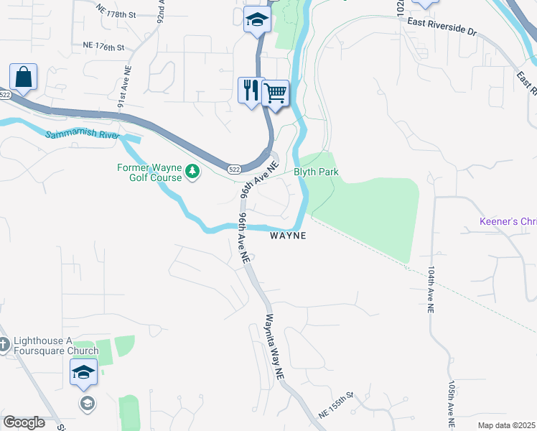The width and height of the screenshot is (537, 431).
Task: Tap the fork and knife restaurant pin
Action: coord(251,91)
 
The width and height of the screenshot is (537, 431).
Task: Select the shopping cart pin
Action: coord(276,93)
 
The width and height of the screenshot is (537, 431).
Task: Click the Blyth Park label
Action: coord(316,172)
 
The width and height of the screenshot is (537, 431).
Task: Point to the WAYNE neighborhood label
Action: coord(288,236)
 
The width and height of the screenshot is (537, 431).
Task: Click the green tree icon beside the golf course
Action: coord(192,172)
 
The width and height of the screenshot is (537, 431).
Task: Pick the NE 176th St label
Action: coord(104,46)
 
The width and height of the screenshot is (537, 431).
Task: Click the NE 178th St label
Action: coord(116,14)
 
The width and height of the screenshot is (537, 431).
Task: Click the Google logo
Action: coord(24,422)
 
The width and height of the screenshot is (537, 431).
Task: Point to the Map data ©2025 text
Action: coord(506,425)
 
